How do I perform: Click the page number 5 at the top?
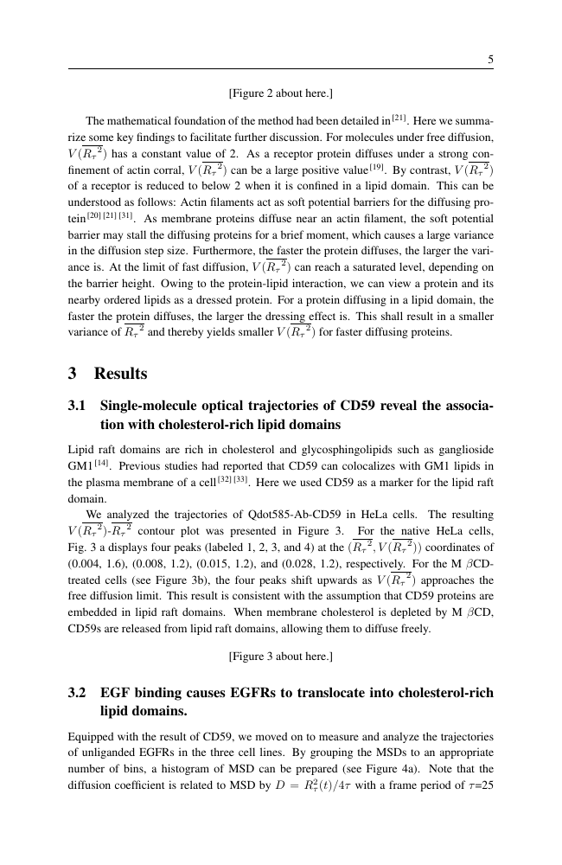(490, 60)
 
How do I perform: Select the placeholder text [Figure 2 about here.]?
(280, 93)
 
